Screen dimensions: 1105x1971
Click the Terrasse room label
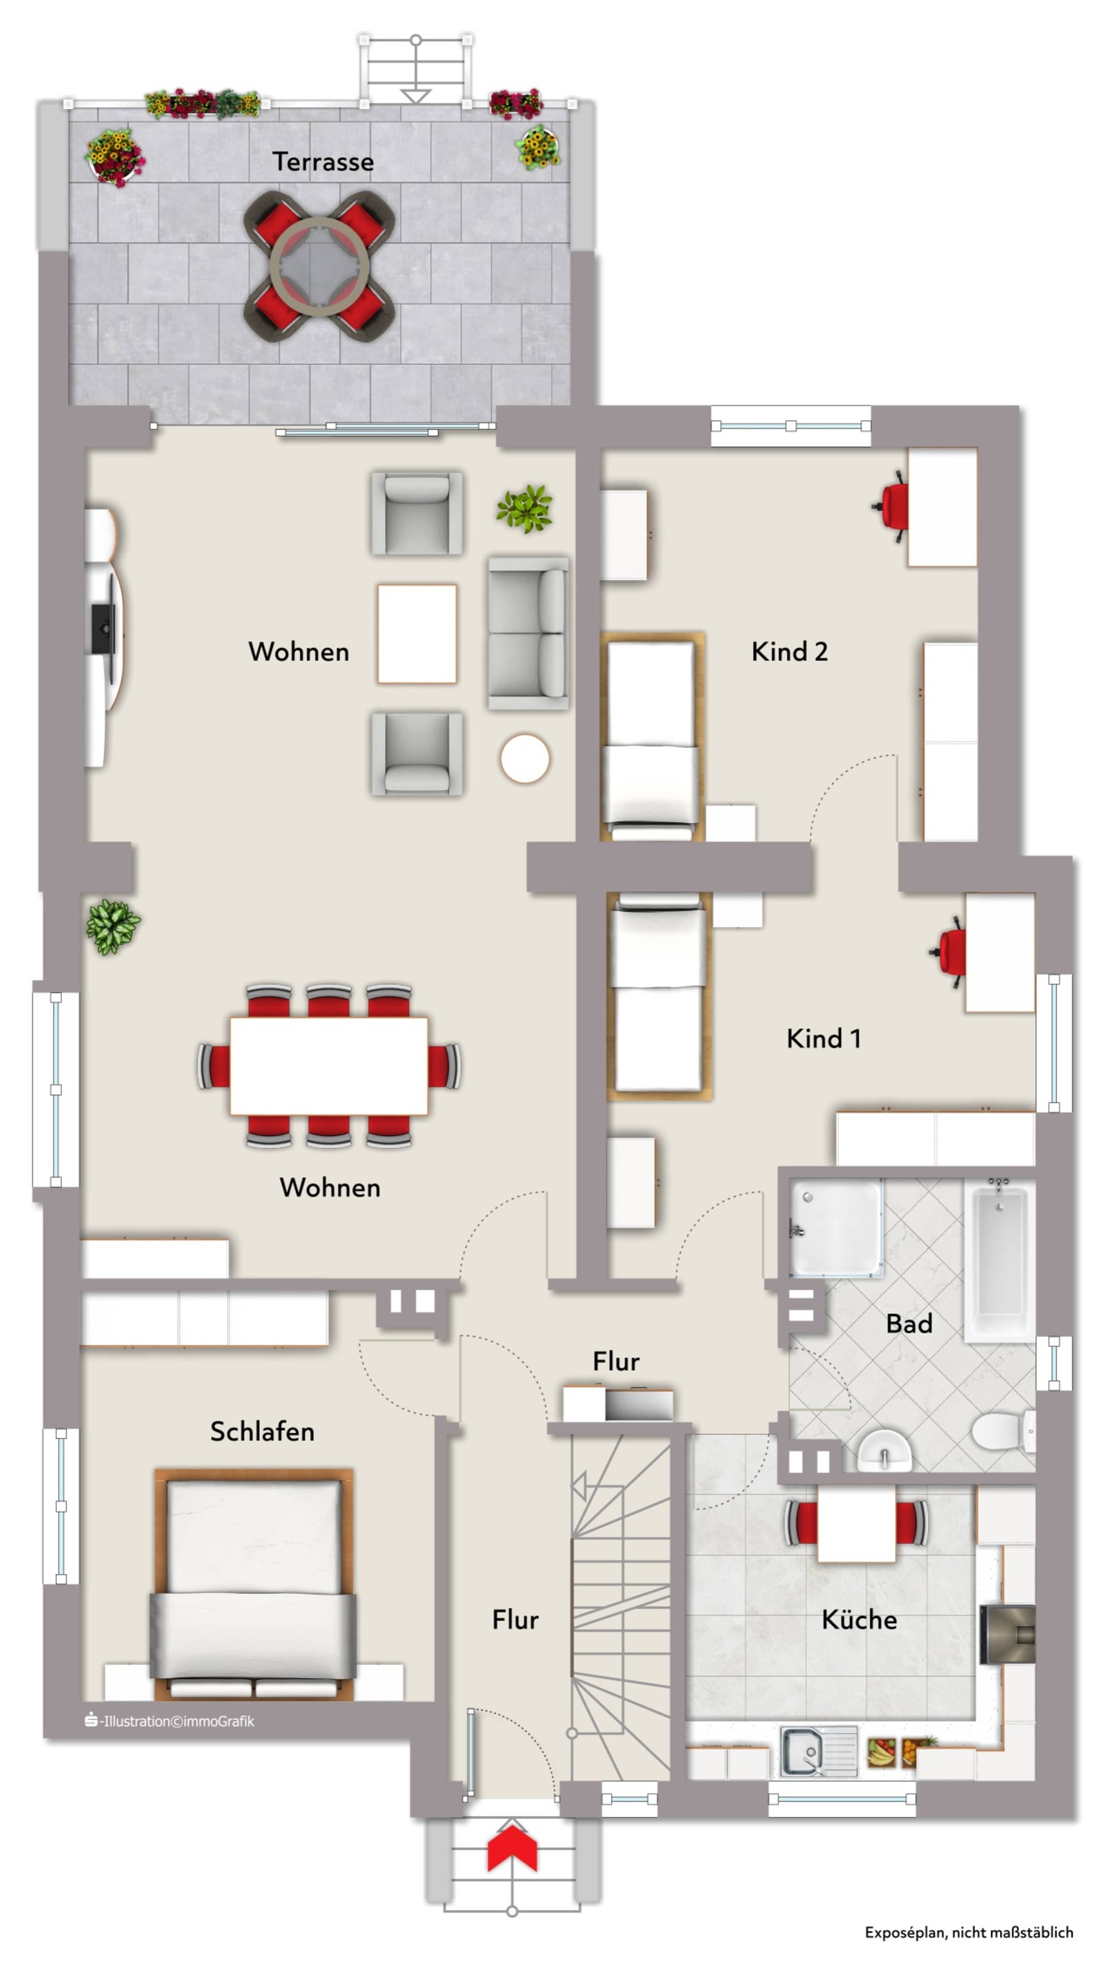[323, 161]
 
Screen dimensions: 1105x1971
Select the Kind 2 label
[789, 651]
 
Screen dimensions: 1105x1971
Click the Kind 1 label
[823, 1038]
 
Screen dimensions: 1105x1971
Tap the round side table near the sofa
[524, 758]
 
